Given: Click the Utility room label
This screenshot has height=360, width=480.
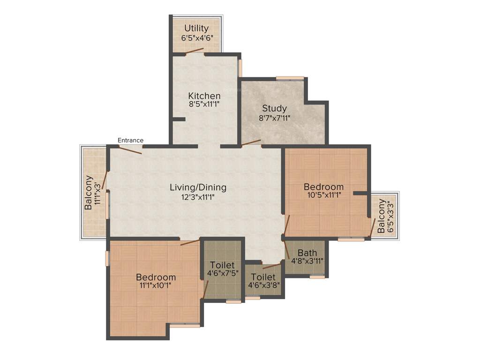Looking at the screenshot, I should pos(196,29).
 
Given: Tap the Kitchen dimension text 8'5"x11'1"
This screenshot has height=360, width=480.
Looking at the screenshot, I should pos(204,105).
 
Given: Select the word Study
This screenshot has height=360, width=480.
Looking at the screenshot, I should pos(274,109).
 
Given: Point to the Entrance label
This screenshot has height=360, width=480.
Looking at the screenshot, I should pos(130,140).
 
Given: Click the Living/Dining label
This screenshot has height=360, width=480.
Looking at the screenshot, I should pos(198,187).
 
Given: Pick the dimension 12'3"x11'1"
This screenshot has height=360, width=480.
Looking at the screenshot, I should pos(198,197).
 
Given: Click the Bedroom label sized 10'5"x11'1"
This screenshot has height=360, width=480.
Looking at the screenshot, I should pos(323,187).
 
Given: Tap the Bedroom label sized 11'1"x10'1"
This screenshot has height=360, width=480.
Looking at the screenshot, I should pos(156,277).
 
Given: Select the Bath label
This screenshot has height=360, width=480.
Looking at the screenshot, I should pos(307,253).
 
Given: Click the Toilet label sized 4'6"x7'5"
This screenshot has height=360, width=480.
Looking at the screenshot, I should pos(222,265).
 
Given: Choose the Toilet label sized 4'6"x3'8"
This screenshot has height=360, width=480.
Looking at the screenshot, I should pos(263,277).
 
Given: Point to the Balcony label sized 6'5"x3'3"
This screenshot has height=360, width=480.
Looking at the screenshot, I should pos(382,216).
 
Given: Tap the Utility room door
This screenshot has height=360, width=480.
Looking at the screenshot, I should pos(194,51).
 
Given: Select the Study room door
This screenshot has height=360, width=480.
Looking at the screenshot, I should pos(251,142).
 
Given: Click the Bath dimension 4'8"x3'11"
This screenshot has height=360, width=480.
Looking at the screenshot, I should pos(307,261).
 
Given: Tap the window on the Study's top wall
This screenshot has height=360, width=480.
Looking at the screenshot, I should pos(290,78).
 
